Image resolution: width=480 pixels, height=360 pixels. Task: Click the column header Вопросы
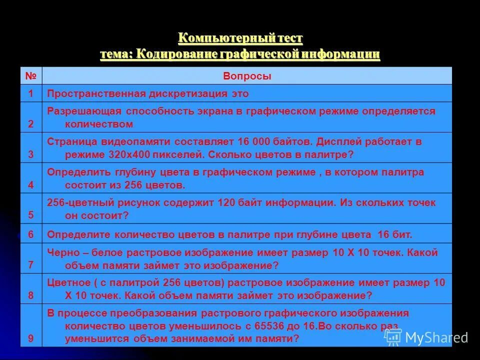click(x=247, y=76)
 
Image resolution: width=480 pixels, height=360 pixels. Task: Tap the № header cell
click(x=31, y=76)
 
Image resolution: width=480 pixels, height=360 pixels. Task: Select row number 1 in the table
click(x=31, y=93)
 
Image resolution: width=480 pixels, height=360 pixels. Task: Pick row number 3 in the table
click(x=31, y=154)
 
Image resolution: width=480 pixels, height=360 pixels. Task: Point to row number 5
click(x=31, y=215)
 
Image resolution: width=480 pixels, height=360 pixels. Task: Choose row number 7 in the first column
click(x=31, y=264)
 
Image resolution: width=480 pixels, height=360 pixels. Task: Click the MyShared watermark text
click(x=436, y=337)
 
